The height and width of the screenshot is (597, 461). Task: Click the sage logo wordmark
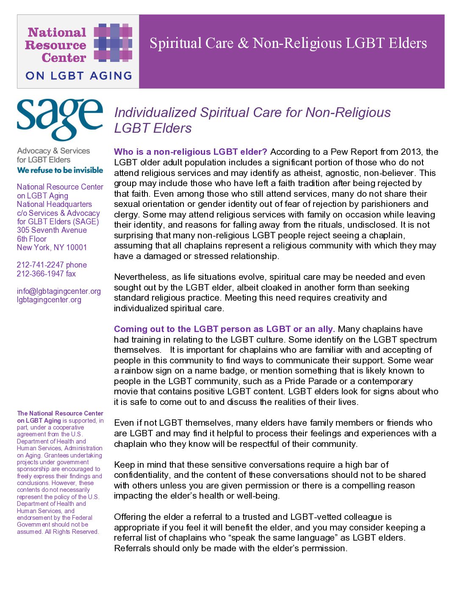pyautogui.click(x=60, y=119)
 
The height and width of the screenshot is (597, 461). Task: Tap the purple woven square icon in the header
pyautogui.click(x=113, y=42)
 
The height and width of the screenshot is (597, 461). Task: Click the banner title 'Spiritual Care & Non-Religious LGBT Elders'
pyautogui.click(x=288, y=43)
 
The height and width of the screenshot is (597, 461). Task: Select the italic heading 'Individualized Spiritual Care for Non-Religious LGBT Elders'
pyautogui.click(x=252, y=120)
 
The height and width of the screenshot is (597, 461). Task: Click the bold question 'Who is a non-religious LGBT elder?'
pyautogui.click(x=190, y=152)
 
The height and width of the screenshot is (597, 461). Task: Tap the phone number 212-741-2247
pyautogui.click(x=40, y=265)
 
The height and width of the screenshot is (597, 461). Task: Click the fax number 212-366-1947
pyautogui.click(x=40, y=274)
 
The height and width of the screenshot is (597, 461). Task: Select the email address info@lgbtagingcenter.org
pyautogui.click(x=59, y=291)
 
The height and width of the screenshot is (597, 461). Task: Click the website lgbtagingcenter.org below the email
pyautogui.click(x=49, y=300)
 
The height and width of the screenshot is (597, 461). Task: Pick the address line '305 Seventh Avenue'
pyautogui.click(x=52, y=230)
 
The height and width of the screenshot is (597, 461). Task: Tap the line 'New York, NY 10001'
pyautogui.click(x=52, y=248)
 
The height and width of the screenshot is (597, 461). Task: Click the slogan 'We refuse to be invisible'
pyautogui.click(x=60, y=170)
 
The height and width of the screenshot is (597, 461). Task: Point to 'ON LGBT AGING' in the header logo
pyautogui.click(x=79, y=76)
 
